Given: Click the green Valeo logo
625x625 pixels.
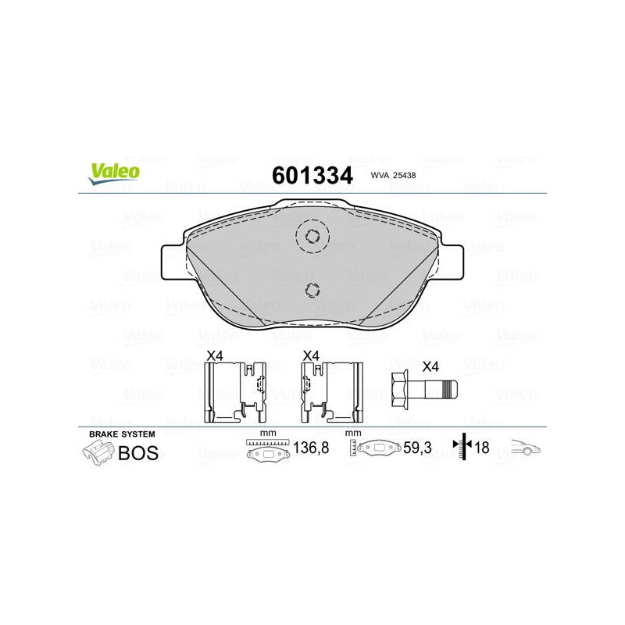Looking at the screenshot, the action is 114,174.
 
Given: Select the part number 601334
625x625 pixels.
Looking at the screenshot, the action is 312,175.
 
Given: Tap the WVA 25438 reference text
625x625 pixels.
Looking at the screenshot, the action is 393,175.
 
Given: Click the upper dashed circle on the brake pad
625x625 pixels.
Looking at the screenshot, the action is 312,236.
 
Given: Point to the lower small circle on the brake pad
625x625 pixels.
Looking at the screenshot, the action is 312,290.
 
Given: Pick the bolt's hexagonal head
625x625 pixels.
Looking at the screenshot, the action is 400,389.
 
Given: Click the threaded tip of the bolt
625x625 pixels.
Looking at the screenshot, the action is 451,389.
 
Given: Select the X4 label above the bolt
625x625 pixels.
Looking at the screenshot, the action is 430,366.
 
